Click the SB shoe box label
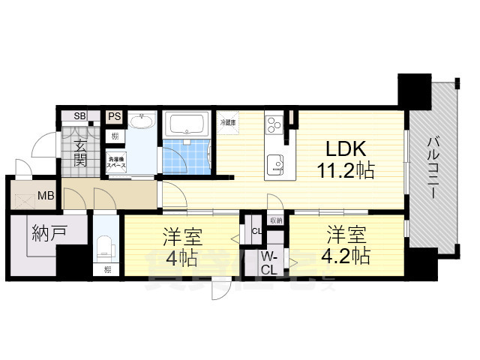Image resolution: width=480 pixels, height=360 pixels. point(79,116)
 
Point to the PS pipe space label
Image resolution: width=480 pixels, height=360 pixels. point(114,116)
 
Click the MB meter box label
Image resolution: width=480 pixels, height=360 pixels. point(46,196)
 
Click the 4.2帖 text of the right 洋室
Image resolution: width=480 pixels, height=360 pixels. point(346,256)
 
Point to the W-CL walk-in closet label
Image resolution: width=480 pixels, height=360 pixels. point(270,263)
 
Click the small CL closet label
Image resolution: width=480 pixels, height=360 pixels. point(256,230)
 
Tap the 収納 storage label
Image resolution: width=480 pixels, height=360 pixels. point(275,220)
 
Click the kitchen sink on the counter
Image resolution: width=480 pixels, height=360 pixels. point(276,163)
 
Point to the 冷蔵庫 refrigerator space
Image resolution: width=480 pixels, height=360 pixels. point(228,122)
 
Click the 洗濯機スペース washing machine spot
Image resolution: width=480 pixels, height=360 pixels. point(116,162)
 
